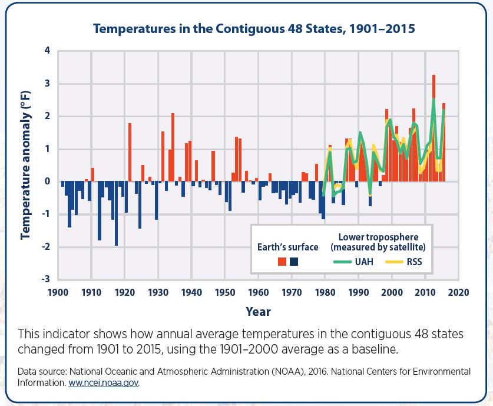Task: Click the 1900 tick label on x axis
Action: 58,292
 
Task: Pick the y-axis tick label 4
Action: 47,51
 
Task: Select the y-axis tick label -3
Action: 45,279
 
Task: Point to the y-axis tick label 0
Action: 47,181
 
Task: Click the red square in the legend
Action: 282,262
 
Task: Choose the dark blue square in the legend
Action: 295,262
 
